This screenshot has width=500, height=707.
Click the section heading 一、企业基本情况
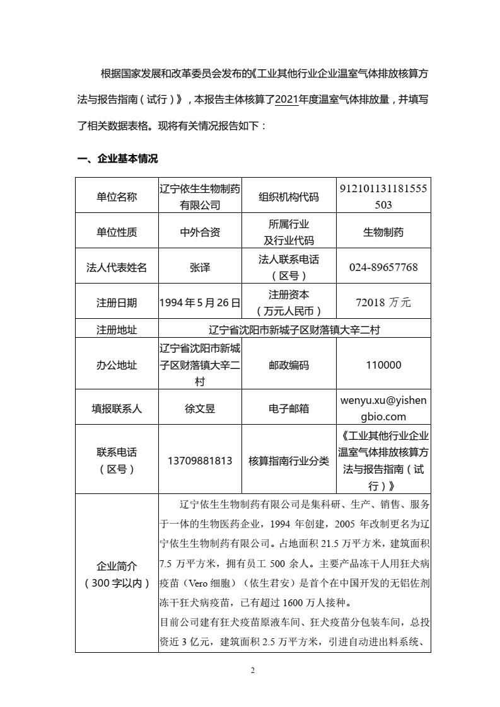(x=117, y=159)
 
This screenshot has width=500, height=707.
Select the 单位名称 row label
(x=117, y=197)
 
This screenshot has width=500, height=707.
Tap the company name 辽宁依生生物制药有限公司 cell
(x=200, y=197)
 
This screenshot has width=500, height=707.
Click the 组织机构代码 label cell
(x=289, y=197)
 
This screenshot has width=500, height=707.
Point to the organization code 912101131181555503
(x=383, y=197)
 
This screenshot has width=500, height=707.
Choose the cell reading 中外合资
(x=200, y=232)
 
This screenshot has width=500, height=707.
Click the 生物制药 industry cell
(x=383, y=232)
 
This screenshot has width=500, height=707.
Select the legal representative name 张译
(x=200, y=267)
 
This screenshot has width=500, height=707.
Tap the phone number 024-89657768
(x=383, y=267)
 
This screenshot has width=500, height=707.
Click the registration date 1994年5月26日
(x=200, y=302)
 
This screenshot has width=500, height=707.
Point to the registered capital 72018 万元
(x=383, y=302)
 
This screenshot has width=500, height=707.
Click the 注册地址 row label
(x=117, y=329)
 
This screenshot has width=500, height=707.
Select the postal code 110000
(x=383, y=365)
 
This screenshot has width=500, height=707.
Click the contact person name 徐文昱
(x=200, y=408)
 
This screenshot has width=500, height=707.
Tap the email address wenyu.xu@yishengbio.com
(x=383, y=408)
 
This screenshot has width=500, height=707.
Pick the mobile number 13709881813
(x=200, y=461)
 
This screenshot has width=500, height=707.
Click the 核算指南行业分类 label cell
(x=289, y=461)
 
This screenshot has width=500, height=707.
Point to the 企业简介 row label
(x=117, y=574)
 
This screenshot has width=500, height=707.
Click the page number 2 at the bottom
(x=252, y=670)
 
